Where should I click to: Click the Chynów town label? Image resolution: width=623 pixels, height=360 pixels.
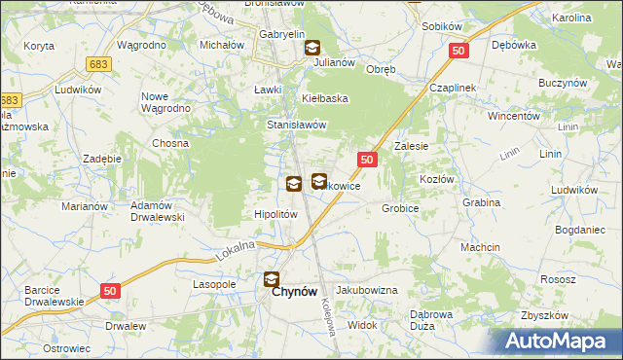(x=292, y=290)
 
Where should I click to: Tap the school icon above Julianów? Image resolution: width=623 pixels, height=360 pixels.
(x=311, y=47)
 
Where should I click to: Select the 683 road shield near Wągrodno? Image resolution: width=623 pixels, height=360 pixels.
(x=98, y=64)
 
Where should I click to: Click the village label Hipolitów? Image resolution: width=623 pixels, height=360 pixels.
(x=275, y=214)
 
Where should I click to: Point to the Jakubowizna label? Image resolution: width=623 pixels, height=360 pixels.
(x=367, y=291)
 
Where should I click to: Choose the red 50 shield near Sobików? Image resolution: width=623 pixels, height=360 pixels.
(x=461, y=50)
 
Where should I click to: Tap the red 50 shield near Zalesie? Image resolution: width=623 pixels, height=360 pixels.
(x=367, y=159)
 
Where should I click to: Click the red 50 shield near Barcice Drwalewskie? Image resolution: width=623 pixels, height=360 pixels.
(x=109, y=290)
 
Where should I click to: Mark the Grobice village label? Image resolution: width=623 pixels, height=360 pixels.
(x=400, y=208)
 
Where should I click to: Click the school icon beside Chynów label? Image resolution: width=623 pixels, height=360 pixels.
(x=271, y=280)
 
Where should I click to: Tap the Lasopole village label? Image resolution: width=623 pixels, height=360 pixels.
(x=214, y=285)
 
